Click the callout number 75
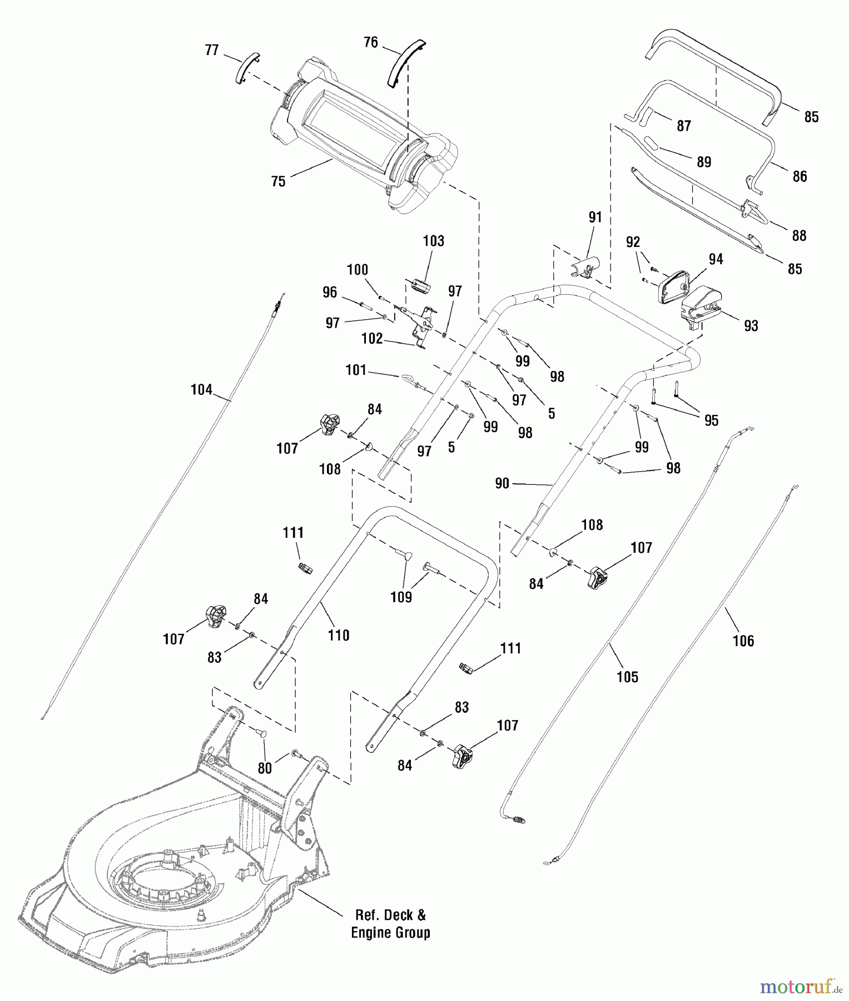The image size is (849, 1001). pyautogui.click(x=278, y=181)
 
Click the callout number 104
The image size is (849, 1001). pyautogui.click(x=201, y=390)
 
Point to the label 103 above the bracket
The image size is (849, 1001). pyautogui.click(x=433, y=241)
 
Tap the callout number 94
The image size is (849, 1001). pyautogui.click(x=716, y=259)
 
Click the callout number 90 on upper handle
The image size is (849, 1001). pyautogui.click(x=502, y=483)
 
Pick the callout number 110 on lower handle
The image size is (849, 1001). pyautogui.click(x=339, y=635)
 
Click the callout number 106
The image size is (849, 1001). pyautogui.click(x=743, y=641)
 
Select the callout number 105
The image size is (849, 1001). pyautogui.click(x=627, y=677)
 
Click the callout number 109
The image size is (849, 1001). pyautogui.click(x=401, y=597)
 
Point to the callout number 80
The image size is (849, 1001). pyautogui.click(x=265, y=768)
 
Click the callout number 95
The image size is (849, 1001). pyautogui.click(x=711, y=420)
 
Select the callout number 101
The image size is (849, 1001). pyautogui.click(x=356, y=370)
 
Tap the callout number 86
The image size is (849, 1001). pyautogui.click(x=800, y=176)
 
